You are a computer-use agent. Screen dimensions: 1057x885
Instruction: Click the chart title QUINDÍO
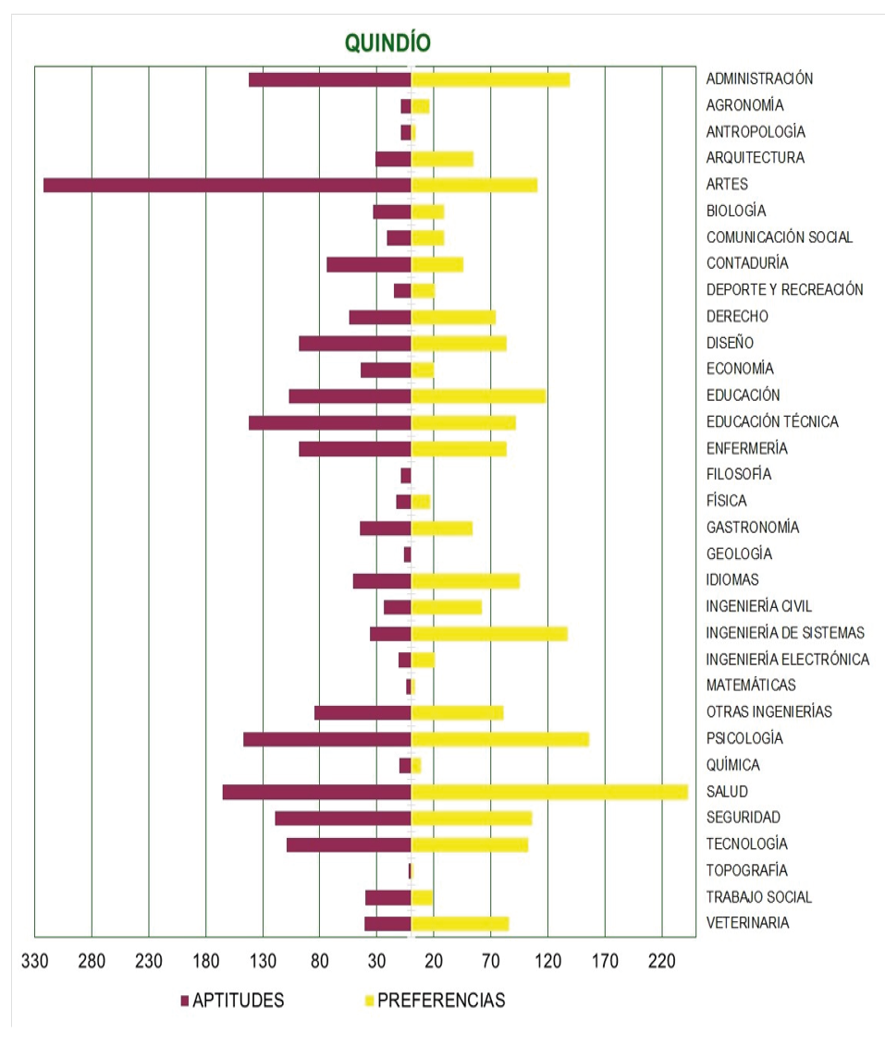(x=387, y=43)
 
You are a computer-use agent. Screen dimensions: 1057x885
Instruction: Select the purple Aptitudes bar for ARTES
(x=227, y=185)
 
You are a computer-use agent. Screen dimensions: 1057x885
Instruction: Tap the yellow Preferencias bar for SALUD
(x=549, y=792)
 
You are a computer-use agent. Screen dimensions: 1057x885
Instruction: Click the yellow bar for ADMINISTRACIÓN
(x=490, y=79)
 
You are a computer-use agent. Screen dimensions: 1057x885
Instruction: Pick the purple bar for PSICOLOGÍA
(x=326, y=739)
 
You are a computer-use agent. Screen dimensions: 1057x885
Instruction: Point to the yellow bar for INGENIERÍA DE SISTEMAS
(x=489, y=634)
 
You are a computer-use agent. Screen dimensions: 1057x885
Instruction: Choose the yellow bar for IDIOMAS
(x=465, y=581)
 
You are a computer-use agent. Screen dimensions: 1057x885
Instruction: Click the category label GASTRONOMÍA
(x=752, y=528)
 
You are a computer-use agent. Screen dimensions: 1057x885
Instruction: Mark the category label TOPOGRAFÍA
(x=746, y=870)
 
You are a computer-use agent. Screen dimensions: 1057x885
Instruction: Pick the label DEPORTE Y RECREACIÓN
(x=784, y=290)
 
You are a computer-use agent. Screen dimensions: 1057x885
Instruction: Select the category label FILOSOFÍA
(x=738, y=475)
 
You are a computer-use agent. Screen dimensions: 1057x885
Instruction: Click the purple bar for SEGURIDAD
(x=342, y=819)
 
